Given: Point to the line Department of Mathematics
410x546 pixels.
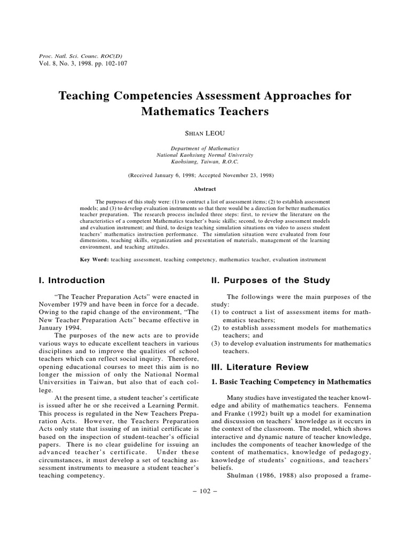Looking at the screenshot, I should click(x=204, y=148).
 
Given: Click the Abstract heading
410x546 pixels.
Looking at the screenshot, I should click(x=204, y=188).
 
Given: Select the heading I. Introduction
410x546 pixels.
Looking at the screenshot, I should click(x=72, y=280).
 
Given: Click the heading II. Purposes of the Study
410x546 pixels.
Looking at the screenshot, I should click(x=271, y=280).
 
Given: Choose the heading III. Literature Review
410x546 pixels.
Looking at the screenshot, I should click(x=260, y=367).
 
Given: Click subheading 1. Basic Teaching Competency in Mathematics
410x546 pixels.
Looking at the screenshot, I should click(x=291, y=382).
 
